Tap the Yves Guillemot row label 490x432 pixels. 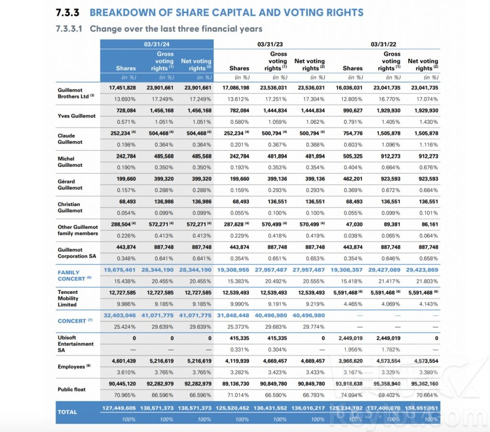pos(77,116)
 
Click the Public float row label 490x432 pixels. pos(72,389)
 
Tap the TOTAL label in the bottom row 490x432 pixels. pos(67,412)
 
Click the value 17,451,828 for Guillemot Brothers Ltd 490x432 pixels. pos(122,88)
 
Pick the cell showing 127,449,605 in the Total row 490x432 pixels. pos(119,408)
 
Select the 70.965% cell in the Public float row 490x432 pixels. pos(125,395)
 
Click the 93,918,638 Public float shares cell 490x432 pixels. pos(349,383)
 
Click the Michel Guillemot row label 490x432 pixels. pos(70,162)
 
